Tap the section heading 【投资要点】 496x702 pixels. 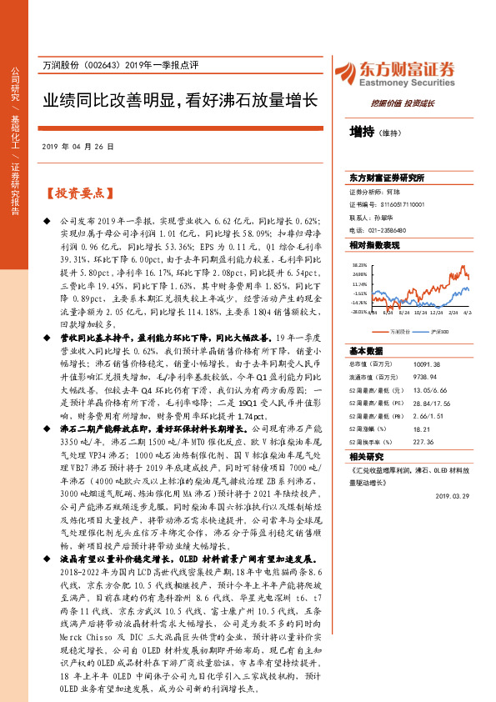tap(77, 193)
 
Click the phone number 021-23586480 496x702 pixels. tap(384, 230)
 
